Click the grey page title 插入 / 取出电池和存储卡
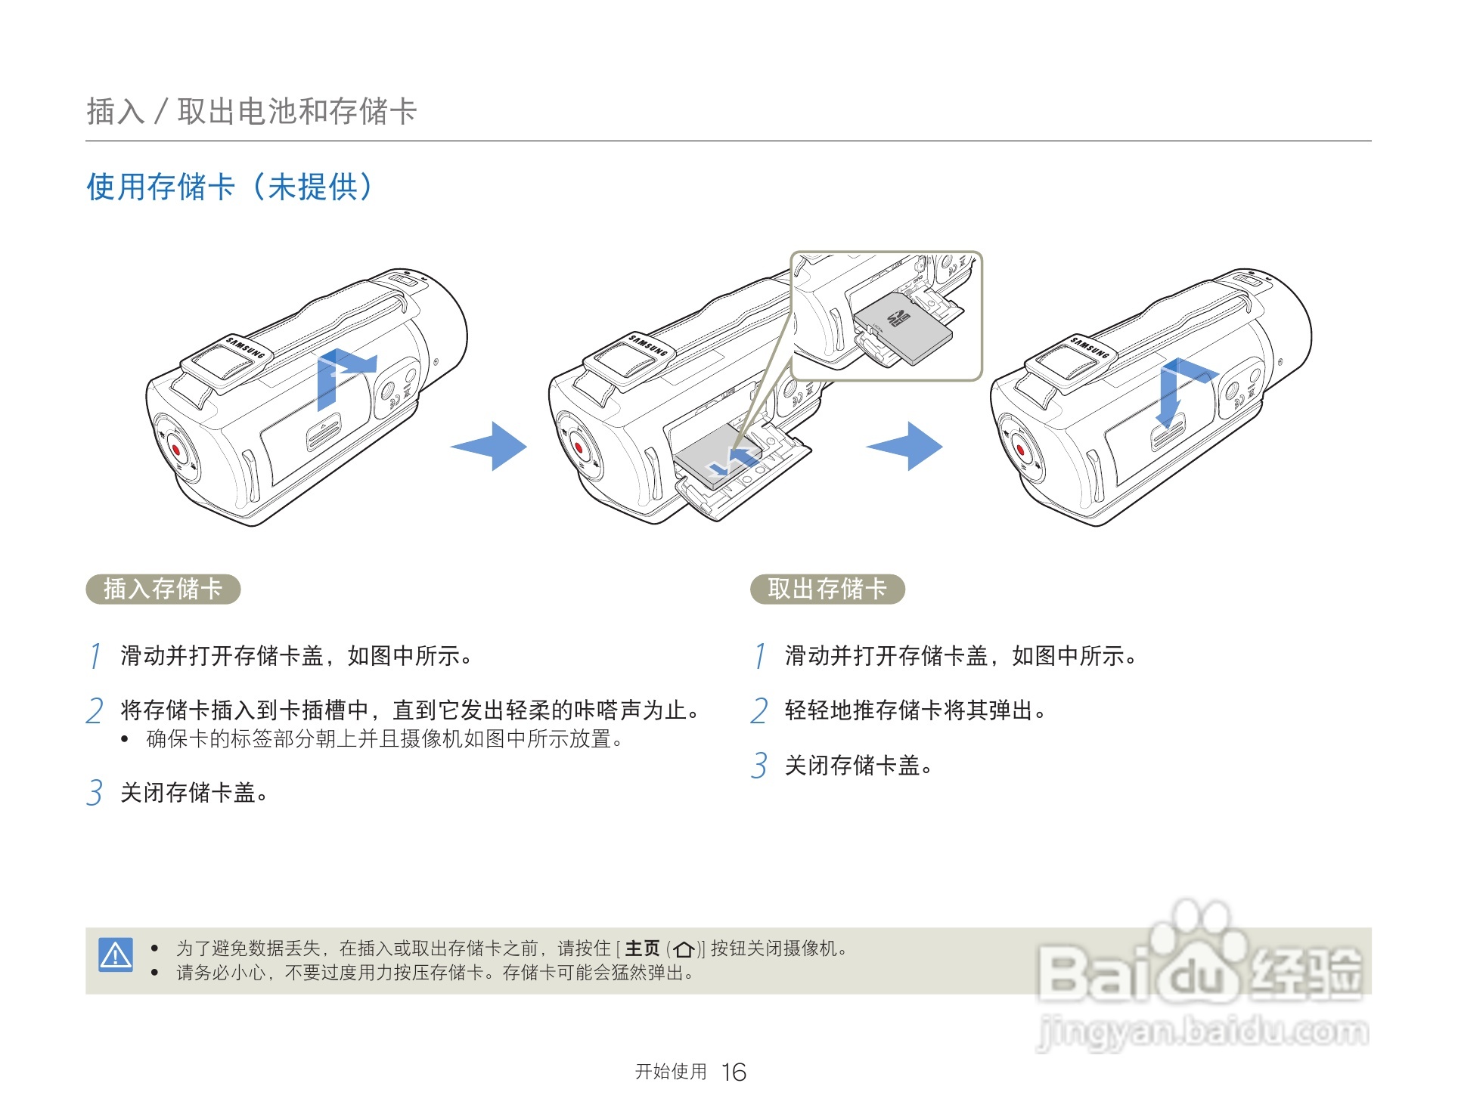(251, 111)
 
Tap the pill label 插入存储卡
(163, 589)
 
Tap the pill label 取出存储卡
(827, 589)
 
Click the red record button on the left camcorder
(176, 450)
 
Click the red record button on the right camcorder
(1020, 451)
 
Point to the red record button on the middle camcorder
(579, 448)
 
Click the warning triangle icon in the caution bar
(116, 955)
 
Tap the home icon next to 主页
(684, 949)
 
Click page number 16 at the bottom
(734, 1072)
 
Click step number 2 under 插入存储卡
(95, 711)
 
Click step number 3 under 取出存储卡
(759, 766)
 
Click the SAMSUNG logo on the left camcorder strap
(246, 348)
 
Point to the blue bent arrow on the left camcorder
(340, 374)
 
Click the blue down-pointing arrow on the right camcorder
(1170, 397)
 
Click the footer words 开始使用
(671, 1072)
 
